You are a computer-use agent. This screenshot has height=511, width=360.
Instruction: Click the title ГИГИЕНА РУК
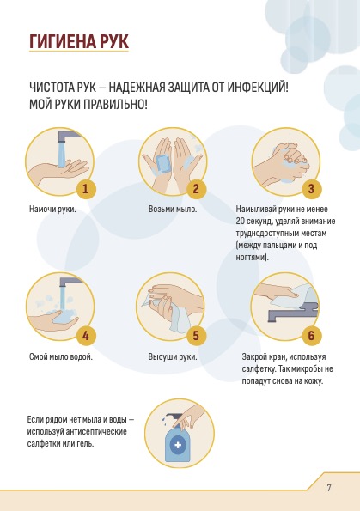[x=79, y=41]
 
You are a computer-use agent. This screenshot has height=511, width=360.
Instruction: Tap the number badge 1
[x=86, y=188]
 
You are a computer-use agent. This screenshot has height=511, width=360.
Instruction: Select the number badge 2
[x=196, y=188]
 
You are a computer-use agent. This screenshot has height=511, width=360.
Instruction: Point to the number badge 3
[x=311, y=188]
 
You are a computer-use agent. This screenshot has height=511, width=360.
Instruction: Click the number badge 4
[x=86, y=335]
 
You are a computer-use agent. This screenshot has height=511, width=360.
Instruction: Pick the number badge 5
[x=196, y=335]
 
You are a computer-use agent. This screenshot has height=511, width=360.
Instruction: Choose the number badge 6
[x=311, y=335]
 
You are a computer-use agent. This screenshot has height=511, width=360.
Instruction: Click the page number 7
[x=329, y=488]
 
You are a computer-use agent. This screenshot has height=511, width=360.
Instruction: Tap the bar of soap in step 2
[x=163, y=163]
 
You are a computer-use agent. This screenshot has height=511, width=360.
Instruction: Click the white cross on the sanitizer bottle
[x=178, y=445]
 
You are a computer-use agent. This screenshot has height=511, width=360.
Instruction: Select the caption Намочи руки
[x=52, y=210]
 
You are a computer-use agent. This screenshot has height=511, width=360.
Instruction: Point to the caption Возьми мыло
[x=173, y=210]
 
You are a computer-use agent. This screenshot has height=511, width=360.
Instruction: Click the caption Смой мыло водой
[x=61, y=356]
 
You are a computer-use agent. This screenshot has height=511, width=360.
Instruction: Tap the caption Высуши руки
[x=173, y=356]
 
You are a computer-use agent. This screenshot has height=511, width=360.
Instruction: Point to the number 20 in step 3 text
[x=241, y=222]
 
